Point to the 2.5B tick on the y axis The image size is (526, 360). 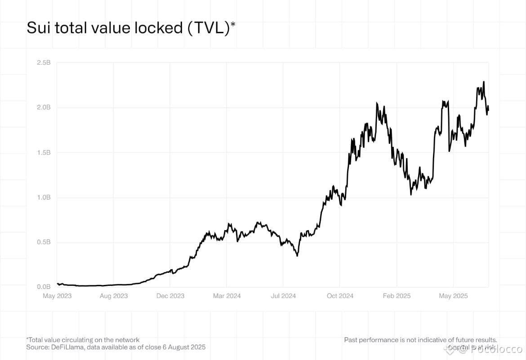[x=44, y=62]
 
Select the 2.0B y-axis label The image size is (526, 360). [x=44, y=107]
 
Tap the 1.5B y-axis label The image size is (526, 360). [x=44, y=152]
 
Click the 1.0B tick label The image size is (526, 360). [x=44, y=197]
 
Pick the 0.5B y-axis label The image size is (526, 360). [x=44, y=242]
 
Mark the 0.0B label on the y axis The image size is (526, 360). [x=44, y=287]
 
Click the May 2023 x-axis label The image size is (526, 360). [x=57, y=296]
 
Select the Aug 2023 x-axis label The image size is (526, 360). [x=114, y=296]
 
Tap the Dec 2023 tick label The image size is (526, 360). [x=170, y=296]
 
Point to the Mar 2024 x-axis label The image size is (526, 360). [x=227, y=296]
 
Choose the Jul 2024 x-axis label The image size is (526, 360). [x=283, y=296]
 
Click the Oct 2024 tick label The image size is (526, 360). [x=340, y=296]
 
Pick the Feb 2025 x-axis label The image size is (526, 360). [x=397, y=296]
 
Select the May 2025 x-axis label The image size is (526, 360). [x=453, y=296]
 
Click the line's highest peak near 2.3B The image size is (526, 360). [x=484, y=82]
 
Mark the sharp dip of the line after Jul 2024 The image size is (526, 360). [x=297, y=256]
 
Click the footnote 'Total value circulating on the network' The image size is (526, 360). [x=84, y=340]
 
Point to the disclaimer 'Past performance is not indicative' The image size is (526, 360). [x=420, y=340]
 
